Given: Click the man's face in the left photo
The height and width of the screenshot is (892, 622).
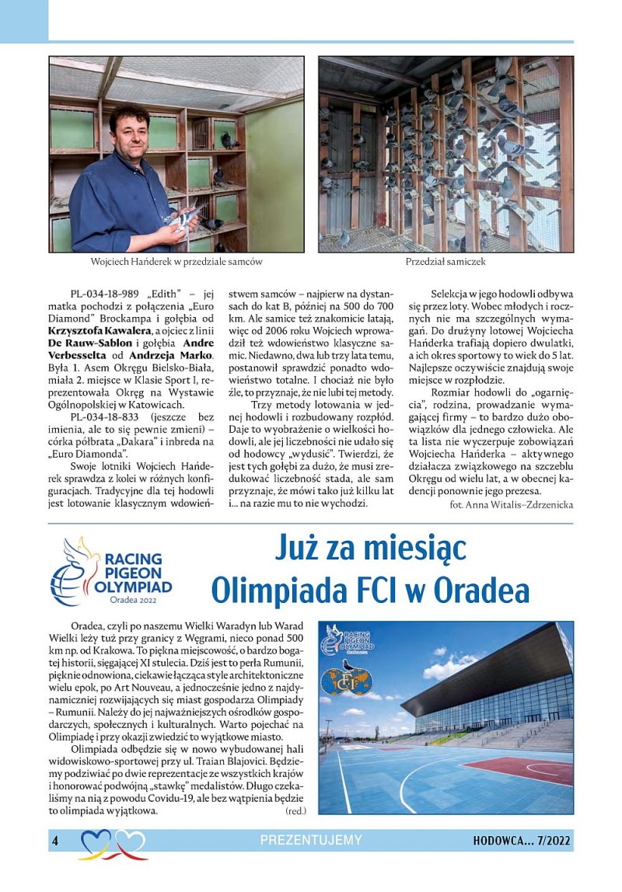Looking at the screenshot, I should pos(131,129).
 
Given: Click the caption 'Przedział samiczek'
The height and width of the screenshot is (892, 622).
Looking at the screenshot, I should pos(446,262).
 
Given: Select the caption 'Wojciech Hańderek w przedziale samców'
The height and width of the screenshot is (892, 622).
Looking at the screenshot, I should pos(176,262).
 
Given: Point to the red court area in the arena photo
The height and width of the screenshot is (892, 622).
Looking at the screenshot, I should pos(524,770).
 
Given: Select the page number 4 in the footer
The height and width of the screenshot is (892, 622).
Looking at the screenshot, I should pos(55,840).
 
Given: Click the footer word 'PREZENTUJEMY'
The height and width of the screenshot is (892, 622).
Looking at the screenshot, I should pos(311,840).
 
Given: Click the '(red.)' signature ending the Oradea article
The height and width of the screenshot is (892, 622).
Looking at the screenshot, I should pos(296,810).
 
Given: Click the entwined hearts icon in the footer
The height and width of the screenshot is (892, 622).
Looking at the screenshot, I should pos(114,844).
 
